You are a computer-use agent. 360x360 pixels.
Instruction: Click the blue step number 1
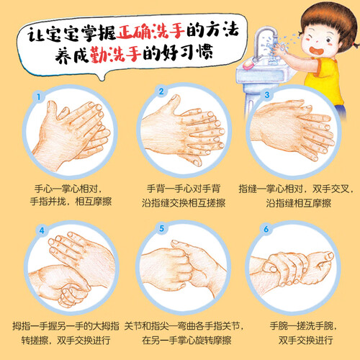point(38,97)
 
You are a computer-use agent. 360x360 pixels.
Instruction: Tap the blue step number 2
point(161,91)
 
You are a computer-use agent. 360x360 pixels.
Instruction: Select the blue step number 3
point(267,94)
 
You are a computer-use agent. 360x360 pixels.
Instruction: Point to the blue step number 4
point(42,230)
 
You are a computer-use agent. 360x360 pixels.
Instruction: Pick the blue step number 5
point(162,228)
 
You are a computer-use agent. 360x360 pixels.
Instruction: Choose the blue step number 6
point(266,229)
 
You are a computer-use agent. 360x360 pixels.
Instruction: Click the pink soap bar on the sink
point(248,64)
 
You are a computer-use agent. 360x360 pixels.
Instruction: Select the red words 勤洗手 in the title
point(116,54)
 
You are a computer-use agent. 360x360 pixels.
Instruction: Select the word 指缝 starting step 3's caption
point(248,189)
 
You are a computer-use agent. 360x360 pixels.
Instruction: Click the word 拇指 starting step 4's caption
point(22,326)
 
